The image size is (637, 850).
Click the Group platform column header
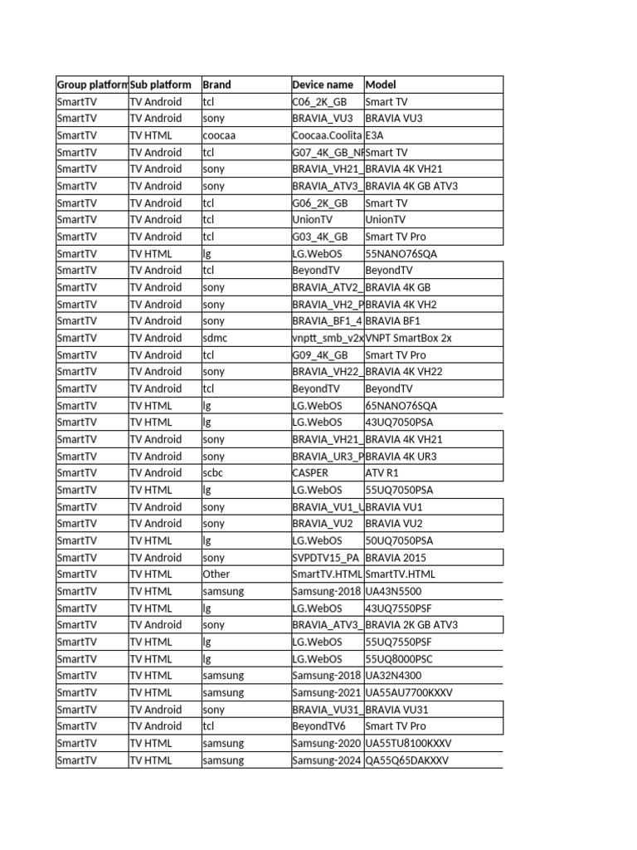point(91,85)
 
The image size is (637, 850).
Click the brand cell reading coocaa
point(220,135)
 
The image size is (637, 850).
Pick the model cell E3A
point(374,135)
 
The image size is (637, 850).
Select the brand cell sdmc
point(214,338)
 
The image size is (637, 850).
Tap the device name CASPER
point(310,473)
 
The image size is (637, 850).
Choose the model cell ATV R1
point(382,473)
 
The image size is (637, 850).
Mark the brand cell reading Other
point(216,574)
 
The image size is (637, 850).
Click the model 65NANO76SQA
point(401,406)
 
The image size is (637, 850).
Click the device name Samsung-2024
point(327,760)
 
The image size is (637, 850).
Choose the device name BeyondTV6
point(318,726)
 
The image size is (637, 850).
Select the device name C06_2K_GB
point(320,102)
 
